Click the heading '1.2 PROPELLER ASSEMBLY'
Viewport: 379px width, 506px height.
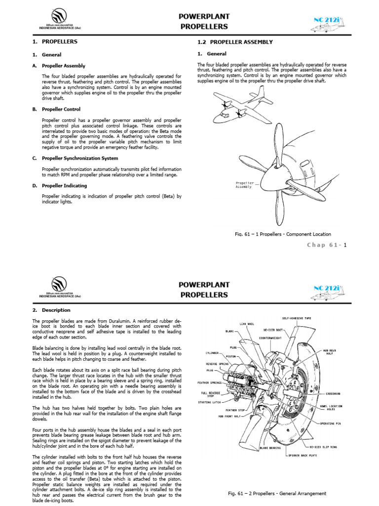click(235, 42)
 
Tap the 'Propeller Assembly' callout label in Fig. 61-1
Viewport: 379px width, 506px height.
click(243, 185)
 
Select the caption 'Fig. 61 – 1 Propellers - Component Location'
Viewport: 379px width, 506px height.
click(283, 234)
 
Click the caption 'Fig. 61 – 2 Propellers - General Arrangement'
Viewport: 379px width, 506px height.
click(277, 493)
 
